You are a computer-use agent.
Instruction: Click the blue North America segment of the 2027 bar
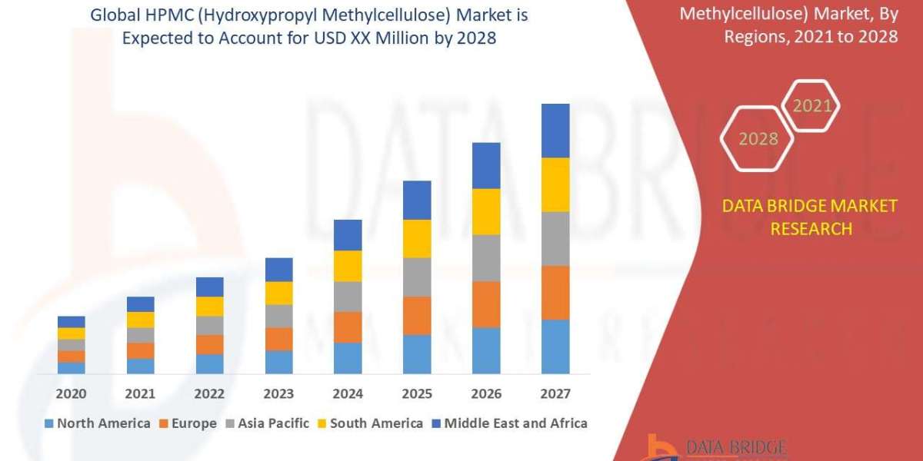click(x=555, y=347)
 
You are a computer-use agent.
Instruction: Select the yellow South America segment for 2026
click(x=486, y=211)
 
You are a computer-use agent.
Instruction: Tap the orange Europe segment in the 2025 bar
click(x=417, y=315)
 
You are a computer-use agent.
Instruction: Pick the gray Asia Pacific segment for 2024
click(x=348, y=296)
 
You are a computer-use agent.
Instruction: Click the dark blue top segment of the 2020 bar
click(x=72, y=321)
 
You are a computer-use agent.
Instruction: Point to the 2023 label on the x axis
click(x=278, y=393)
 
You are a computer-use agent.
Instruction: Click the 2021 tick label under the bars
click(x=140, y=393)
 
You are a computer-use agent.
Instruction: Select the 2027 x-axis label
click(x=555, y=393)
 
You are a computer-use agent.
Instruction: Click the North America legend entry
click(x=98, y=423)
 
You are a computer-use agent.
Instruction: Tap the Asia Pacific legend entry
click(x=267, y=423)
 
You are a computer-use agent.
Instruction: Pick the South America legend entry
click(x=369, y=423)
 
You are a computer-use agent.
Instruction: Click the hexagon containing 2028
click(x=758, y=139)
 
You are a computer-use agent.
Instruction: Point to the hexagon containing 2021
click(x=812, y=106)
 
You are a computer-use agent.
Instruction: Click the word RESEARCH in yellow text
click(x=811, y=228)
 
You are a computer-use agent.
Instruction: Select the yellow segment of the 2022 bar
click(x=209, y=306)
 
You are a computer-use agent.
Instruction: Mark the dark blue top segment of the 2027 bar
click(x=555, y=131)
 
